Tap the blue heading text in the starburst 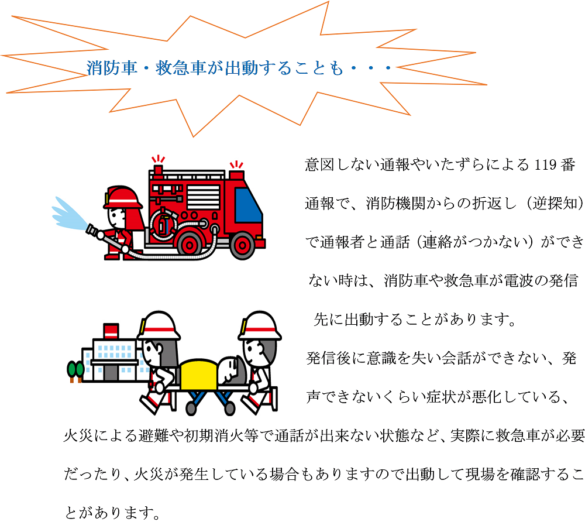(x=239, y=68)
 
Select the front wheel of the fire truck (x=243, y=245)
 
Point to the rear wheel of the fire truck (x=190, y=245)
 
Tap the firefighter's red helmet (x=123, y=197)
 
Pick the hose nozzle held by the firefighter (x=95, y=231)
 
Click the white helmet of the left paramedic (x=159, y=325)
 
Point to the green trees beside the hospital (x=75, y=371)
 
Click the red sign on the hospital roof (x=111, y=331)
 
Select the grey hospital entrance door (x=111, y=372)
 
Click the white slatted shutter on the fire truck (x=204, y=197)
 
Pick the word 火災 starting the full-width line (x=78, y=435)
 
